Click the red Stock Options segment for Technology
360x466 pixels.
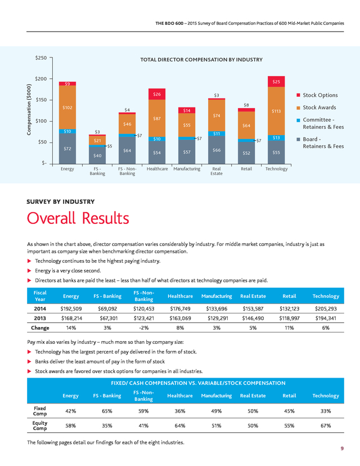[x=276, y=82]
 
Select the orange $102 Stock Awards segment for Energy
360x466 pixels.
[x=67, y=107]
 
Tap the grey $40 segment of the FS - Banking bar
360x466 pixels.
[x=97, y=155]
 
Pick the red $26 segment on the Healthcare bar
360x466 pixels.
[x=157, y=94]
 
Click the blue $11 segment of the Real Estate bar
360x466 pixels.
[x=217, y=134]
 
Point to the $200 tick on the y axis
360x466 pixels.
[x=41, y=79]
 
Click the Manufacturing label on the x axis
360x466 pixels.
[x=187, y=169]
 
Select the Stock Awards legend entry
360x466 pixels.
[x=316, y=107]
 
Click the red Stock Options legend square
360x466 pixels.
[x=298, y=95]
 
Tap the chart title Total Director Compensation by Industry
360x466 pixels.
[x=201, y=60]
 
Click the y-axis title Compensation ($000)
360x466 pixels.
[x=29, y=109]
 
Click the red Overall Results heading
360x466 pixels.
[x=78, y=218]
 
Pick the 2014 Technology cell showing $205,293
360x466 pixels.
[x=326, y=309]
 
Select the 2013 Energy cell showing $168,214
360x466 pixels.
[x=71, y=319]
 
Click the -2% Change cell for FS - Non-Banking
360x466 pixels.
[x=144, y=328]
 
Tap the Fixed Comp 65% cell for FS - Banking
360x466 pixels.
[x=107, y=411]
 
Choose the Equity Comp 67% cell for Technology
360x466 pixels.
[x=326, y=425]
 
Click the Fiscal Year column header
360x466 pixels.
[x=40, y=296]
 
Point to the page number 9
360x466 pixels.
[x=342, y=449]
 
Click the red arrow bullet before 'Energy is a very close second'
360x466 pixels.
[x=29, y=271]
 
